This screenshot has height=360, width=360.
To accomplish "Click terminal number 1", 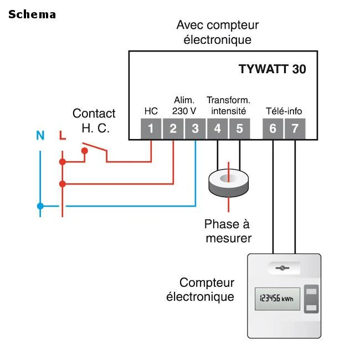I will pos(151,129).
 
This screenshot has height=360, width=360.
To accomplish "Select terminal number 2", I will pos(173,129).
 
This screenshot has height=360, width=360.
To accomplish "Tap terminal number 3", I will pos(195,129).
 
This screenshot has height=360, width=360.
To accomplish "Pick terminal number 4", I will pos(217,129).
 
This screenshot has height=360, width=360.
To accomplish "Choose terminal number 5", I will pos(239,129).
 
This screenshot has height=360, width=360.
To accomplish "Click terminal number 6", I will pos(272,129).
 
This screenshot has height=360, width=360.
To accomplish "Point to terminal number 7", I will pos(295,129).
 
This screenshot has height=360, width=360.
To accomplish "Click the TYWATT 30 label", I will pos(272,70).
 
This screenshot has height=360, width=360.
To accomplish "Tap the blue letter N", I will pos(40,135).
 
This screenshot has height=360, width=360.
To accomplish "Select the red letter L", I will pos(63,135).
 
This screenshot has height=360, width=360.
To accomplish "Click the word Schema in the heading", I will pos(32,14).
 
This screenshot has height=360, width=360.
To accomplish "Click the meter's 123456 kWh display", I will pos(277,299).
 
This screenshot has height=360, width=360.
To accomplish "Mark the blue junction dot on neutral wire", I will pos(40,206).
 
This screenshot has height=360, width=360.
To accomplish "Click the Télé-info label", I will pos(284,111).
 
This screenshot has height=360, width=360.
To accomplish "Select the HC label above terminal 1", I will pos(151,111).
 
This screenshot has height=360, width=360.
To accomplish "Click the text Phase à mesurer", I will pos(228,231).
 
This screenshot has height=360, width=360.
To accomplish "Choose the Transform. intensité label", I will pos(228,105).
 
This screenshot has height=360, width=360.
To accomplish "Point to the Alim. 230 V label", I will pos(184,105).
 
